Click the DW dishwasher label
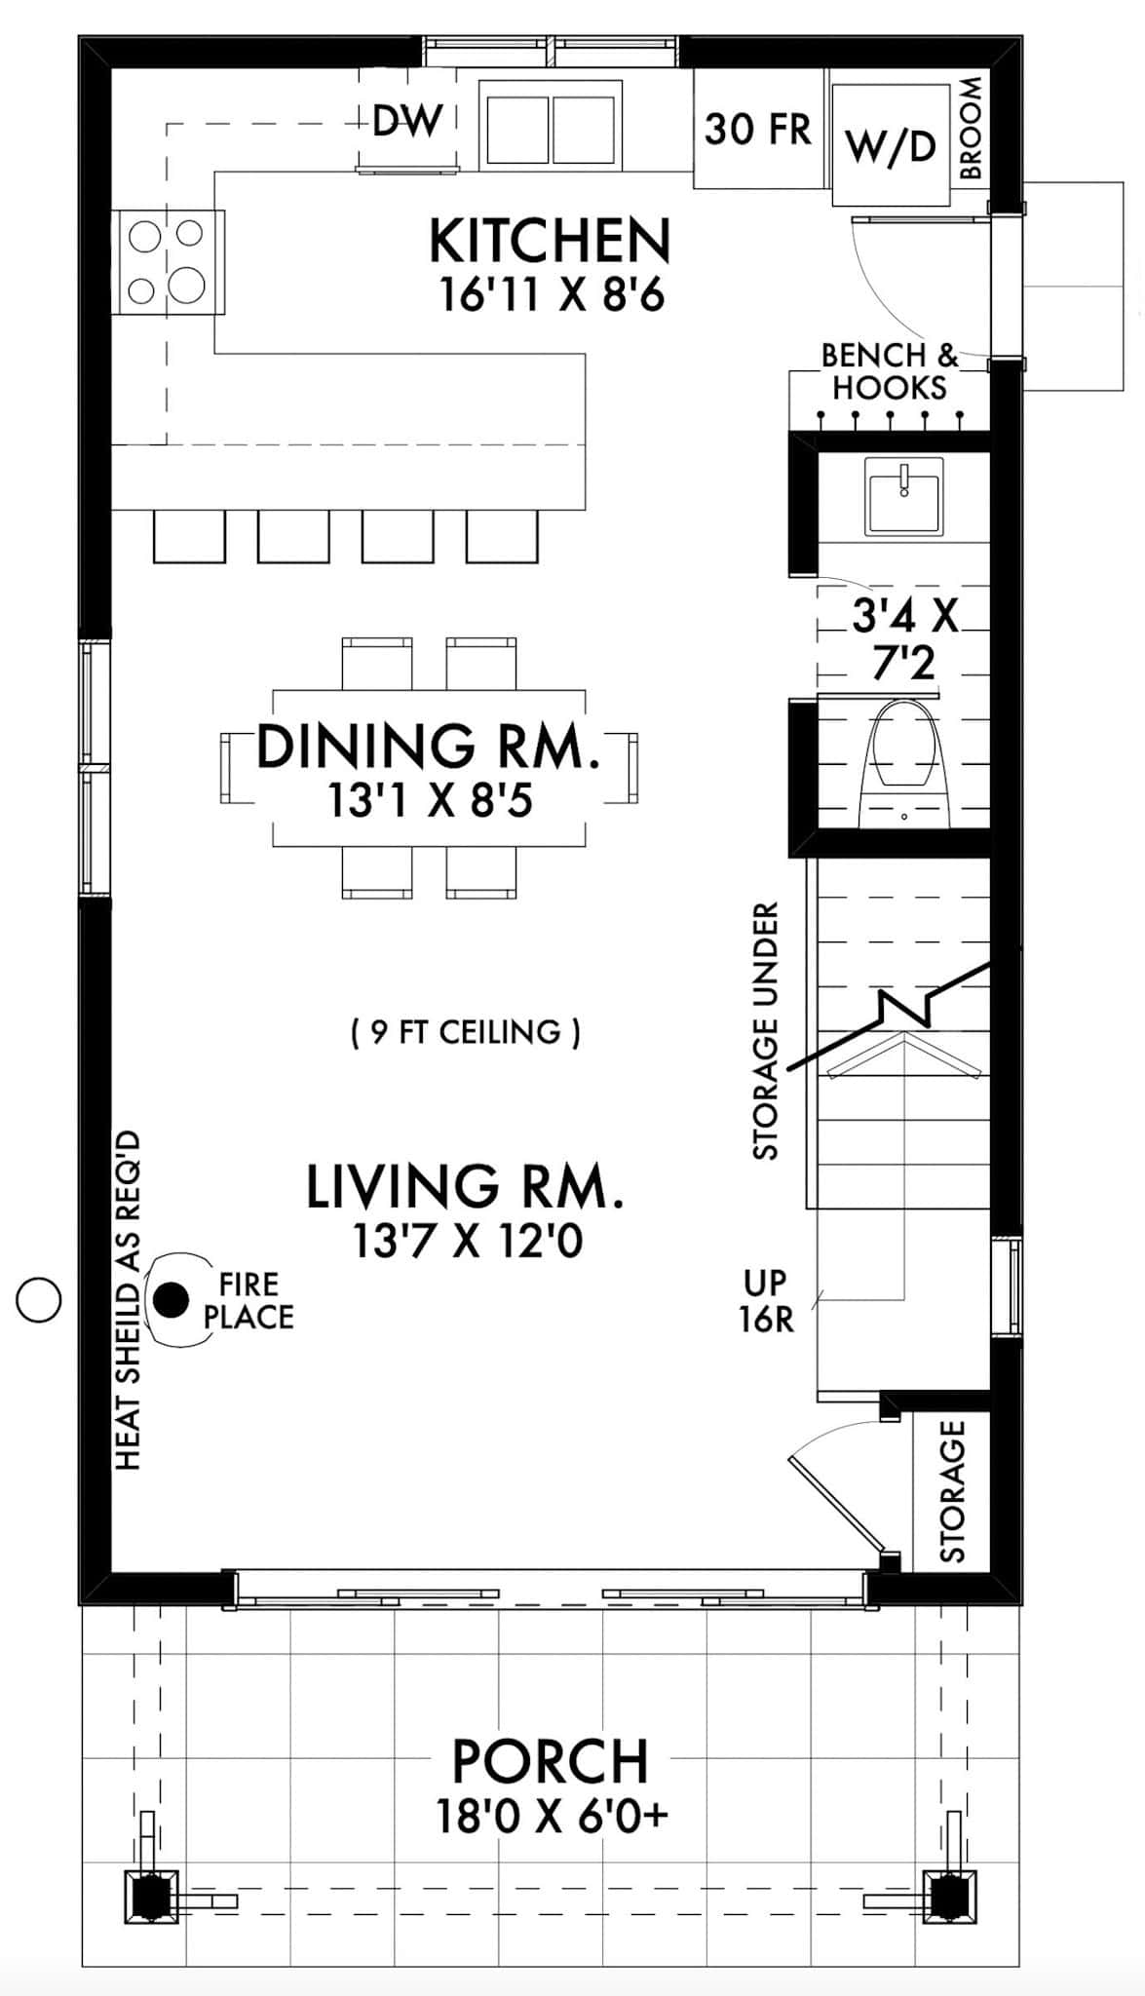point(407,122)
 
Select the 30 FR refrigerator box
point(757,129)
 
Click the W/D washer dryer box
point(891,146)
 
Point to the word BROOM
point(972,128)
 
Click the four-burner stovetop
point(167,262)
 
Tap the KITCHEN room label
point(551,242)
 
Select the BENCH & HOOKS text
point(889,371)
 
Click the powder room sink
point(904,496)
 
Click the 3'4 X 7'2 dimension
point(903,639)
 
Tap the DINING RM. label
point(428,747)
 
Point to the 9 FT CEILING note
point(466,1032)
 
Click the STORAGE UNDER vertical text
point(767,1031)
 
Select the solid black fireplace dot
point(172,1299)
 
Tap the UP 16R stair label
point(766,1301)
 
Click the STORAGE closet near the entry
point(952,1490)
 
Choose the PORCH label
point(551,1760)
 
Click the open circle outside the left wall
point(40,1299)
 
